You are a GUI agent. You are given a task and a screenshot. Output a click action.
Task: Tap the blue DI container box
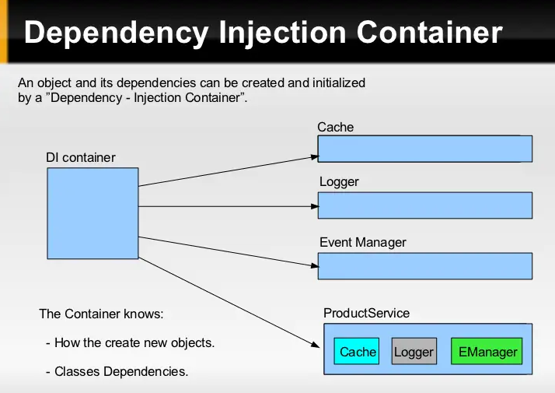(92, 212)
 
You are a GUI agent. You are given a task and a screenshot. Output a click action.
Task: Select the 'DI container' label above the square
(80, 158)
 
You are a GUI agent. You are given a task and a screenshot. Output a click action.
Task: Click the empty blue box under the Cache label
(424, 149)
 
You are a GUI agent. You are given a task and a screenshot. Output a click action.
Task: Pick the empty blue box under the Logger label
(424, 205)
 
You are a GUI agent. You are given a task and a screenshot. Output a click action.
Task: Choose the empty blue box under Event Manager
(424, 265)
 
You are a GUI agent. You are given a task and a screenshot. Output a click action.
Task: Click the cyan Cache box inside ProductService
(358, 352)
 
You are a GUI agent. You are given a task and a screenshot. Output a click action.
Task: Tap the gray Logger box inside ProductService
(414, 352)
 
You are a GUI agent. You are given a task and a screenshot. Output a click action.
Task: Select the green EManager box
(487, 352)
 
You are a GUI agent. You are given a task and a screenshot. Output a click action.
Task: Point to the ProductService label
(366, 314)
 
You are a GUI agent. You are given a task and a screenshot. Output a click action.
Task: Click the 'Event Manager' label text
(363, 243)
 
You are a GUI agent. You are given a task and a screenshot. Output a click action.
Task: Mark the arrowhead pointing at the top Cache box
(312, 157)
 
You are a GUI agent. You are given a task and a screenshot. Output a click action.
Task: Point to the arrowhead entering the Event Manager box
(312, 267)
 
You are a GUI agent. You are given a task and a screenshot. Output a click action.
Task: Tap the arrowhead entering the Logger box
(312, 206)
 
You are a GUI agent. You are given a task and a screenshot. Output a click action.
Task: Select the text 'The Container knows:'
(102, 314)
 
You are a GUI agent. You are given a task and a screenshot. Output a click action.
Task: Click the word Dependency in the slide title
(116, 33)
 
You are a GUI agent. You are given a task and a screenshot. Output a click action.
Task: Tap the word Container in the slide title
(430, 33)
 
